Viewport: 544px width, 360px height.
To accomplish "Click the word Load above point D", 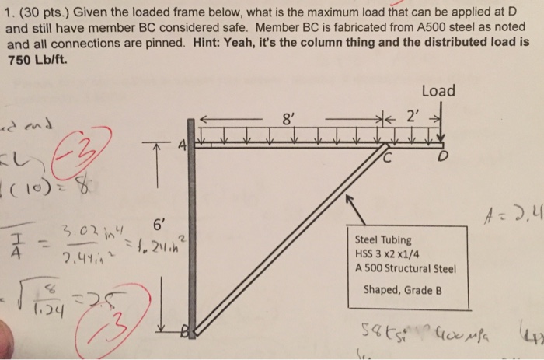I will [438, 91].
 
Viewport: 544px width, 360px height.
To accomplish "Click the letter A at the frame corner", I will [182, 145].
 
